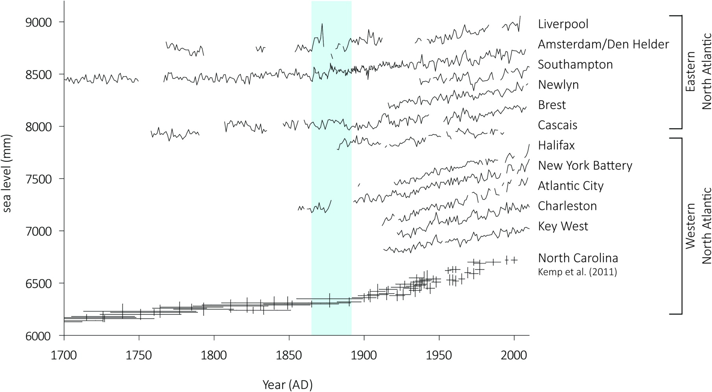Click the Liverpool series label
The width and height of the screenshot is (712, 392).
(563, 24)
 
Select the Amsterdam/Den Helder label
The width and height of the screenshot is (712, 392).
(603, 44)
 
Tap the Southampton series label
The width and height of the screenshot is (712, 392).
(575, 64)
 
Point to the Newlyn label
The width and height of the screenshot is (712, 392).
(558, 85)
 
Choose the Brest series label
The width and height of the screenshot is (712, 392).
(552, 105)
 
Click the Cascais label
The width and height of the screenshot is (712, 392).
(557, 125)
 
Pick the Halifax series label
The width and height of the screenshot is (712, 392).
(556, 145)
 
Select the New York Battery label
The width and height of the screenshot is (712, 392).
(585, 166)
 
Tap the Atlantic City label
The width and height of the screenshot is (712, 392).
(570, 186)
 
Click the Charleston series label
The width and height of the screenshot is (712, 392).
(567, 206)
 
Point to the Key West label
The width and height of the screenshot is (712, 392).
(563, 226)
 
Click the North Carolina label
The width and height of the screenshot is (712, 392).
(578, 258)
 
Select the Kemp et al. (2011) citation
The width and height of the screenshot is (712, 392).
(577, 272)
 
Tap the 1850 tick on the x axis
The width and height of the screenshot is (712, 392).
(289, 355)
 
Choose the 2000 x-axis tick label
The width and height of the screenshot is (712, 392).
(514, 355)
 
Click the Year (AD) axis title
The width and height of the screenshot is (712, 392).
(288, 385)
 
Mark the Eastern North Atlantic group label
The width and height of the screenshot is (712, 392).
(698, 72)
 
